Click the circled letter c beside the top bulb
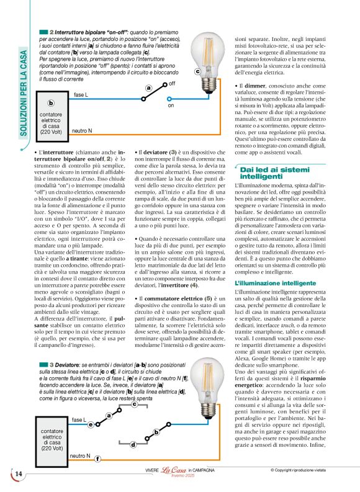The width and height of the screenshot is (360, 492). coord(197,71)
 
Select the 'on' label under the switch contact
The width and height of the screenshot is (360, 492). coord(171,105)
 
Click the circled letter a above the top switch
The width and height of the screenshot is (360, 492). coord(148,88)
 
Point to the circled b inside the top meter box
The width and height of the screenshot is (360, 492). coord(51,103)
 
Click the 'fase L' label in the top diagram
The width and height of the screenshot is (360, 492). coord(81,94)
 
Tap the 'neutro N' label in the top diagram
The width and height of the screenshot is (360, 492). coord(82,131)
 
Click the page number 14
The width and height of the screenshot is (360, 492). coord(18,474)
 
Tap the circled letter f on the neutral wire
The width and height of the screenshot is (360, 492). coord(97,458)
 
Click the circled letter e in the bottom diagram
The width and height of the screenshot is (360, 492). coord(91,424)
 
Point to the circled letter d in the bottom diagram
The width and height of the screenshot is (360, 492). coord(133,444)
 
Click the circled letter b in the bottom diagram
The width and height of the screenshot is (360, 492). coord(156,431)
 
